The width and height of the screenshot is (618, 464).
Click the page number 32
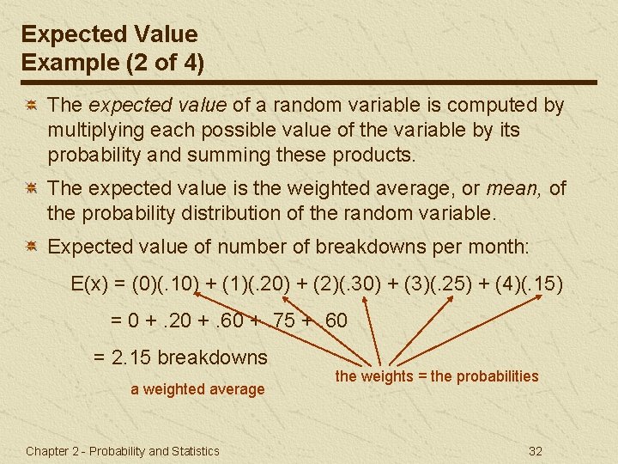(x=536, y=451)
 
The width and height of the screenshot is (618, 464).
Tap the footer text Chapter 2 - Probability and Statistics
(x=123, y=451)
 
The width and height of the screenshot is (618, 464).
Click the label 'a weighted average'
(x=197, y=389)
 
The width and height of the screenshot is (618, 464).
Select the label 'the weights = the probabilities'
(x=437, y=376)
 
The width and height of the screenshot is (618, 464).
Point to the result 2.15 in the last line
(x=132, y=357)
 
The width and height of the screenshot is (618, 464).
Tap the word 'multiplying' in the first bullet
(x=93, y=131)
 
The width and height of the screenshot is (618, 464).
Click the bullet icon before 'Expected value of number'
(x=29, y=247)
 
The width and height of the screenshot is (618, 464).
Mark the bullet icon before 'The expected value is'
(x=29, y=188)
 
